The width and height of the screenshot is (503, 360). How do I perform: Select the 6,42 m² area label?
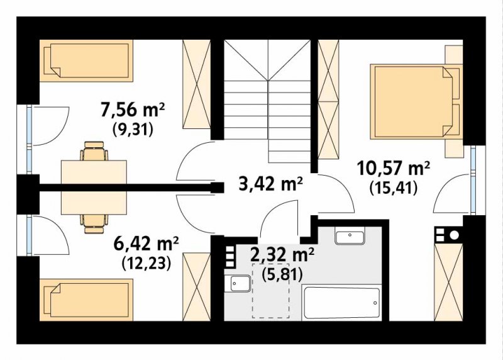pyautogui.click(x=146, y=244)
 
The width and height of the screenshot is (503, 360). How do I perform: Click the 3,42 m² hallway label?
pyautogui.click(x=270, y=184)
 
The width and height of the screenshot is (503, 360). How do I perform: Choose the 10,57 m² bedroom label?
pyautogui.click(x=394, y=168)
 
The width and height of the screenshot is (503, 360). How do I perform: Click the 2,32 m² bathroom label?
pyautogui.click(x=282, y=256)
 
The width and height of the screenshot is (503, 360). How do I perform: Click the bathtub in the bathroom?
pyautogui.click(x=341, y=303)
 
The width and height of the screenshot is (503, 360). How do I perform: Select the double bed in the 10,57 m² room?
pyautogui.click(x=416, y=102)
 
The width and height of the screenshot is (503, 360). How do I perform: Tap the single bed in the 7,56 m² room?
pyautogui.click(x=86, y=60)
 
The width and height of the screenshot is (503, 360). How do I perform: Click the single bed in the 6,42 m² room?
pyautogui.click(x=86, y=300)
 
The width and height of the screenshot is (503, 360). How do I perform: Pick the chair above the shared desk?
pyautogui.click(x=94, y=151)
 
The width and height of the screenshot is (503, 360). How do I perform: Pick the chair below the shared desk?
pyautogui.click(x=94, y=224)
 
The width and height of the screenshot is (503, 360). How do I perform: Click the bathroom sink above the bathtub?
pyautogui.click(x=350, y=235)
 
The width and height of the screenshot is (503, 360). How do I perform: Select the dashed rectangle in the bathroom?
pyautogui.click(x=271, y=291)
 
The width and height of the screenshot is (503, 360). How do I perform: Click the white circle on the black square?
pyautogui.click(x=454, y=235)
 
